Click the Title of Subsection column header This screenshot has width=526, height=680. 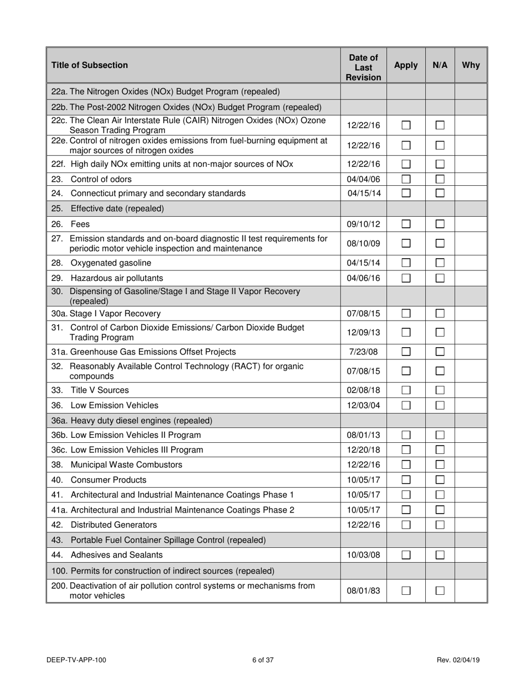[89, 65]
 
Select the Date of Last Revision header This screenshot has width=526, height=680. [363, 65]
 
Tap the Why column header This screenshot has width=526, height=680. [471, 65]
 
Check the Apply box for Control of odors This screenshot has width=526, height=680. [406, 179]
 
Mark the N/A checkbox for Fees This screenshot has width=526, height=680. [440, 224]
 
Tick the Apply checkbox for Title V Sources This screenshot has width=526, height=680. [406, 390]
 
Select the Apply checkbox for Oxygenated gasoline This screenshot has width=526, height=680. [406, 263]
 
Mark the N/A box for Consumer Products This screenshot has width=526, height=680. [440, 480]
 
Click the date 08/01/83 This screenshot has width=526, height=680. [363, 590]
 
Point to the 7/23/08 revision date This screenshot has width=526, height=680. [363, 352]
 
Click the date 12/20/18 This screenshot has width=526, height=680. [363, 450]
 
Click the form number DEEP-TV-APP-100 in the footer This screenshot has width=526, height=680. [77, 660]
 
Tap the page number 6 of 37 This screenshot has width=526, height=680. [263, 660]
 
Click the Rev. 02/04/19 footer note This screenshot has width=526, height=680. [459, 660]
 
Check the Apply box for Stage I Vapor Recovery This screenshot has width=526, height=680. [406, 313]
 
